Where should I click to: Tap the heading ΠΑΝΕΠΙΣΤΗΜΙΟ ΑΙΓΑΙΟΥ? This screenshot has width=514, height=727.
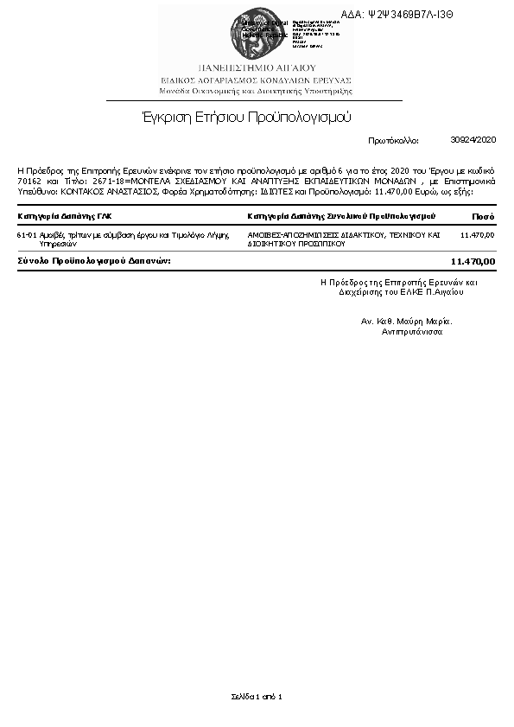(x=257, y=67)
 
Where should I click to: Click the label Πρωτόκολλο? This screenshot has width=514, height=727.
(x=393, y=139)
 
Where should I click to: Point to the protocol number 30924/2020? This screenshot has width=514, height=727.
(x=473, y=139)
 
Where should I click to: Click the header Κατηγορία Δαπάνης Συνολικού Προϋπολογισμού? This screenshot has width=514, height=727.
(x=341, y=215)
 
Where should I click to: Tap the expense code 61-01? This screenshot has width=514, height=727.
(x=26, y=234)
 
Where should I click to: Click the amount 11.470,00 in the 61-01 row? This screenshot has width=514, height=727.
(x=478, y=234)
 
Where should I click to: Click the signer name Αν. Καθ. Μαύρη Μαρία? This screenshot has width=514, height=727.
(x=406, y=321)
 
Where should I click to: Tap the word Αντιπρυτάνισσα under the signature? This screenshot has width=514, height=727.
(x=406, y=331)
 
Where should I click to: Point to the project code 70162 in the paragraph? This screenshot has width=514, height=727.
(x=29, y=182)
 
